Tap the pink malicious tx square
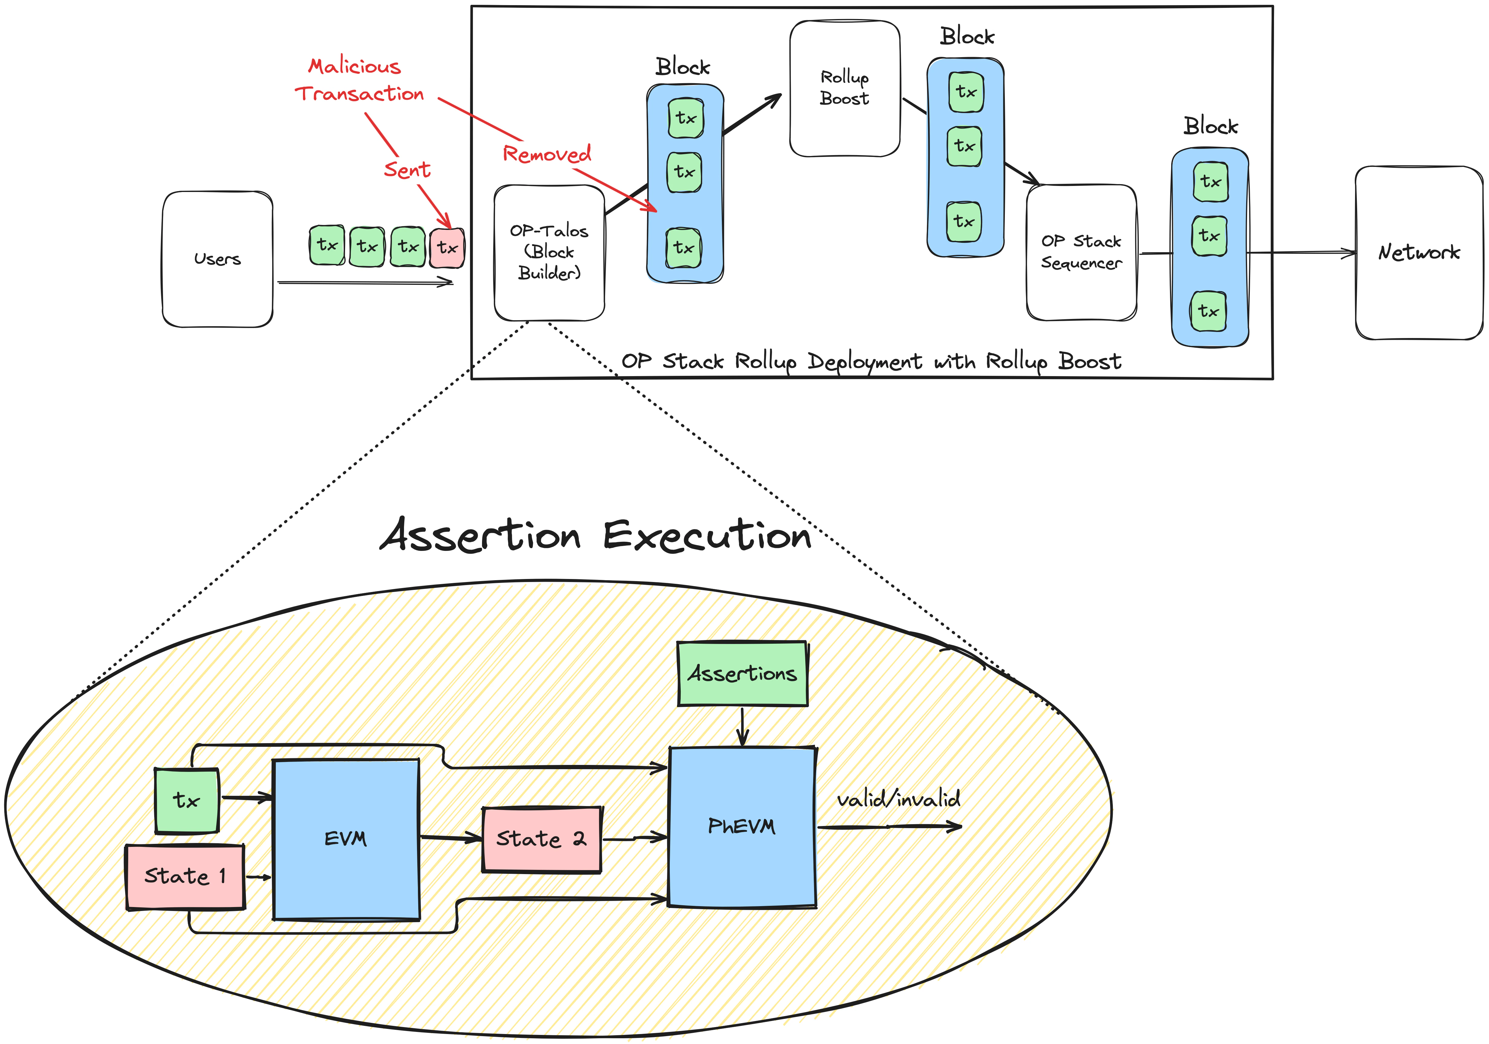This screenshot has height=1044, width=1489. point(447,247)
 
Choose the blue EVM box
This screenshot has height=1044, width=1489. point(346,839)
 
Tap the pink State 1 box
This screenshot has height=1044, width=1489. point(185,876)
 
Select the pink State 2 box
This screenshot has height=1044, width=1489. point(542,839)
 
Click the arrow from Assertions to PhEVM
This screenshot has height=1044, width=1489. point(743,726)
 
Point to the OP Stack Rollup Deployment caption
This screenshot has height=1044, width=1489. point(871,361)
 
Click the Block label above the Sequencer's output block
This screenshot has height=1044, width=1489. point(1210,126)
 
